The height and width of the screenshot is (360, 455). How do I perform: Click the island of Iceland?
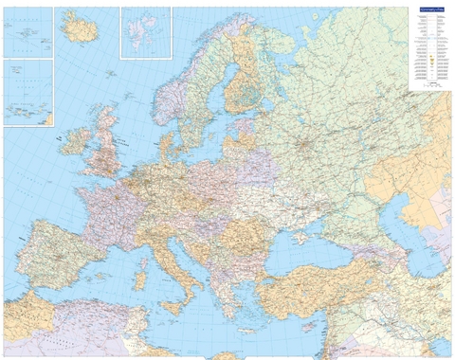pos(81,28)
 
